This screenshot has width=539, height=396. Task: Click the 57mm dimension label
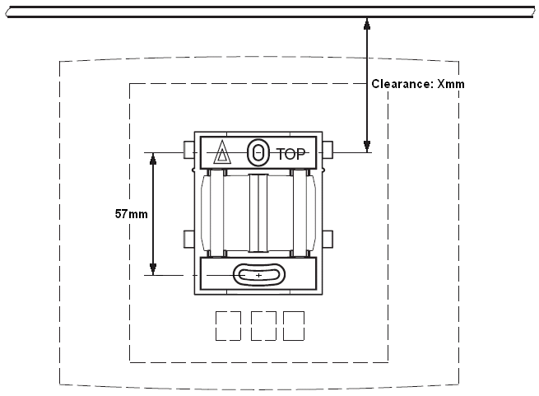click(132, 214)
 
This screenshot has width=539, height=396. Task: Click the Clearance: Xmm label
click(418, 84)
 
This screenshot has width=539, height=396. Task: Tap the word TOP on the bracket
click(290, 154)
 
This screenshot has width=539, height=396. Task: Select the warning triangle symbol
click(222, 151)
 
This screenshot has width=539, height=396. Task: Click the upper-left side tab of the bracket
click(188, 150)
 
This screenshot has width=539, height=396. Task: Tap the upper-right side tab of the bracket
click(328, 150)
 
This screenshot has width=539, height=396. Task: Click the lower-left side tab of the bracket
click(188, 239)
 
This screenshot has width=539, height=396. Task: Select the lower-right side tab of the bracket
click(328, 239)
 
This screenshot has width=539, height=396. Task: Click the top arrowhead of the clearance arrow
click(367, 23)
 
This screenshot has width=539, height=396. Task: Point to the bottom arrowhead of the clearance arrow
click(367, 147)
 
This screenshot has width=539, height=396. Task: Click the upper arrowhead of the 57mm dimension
click(153, 159)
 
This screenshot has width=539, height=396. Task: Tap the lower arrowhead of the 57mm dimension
click(153, 269)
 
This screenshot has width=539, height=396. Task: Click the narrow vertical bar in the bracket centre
click(258, 213)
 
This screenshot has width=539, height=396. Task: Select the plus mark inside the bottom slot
click(258, 275)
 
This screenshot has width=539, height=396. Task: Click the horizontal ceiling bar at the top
click(270, 12)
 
